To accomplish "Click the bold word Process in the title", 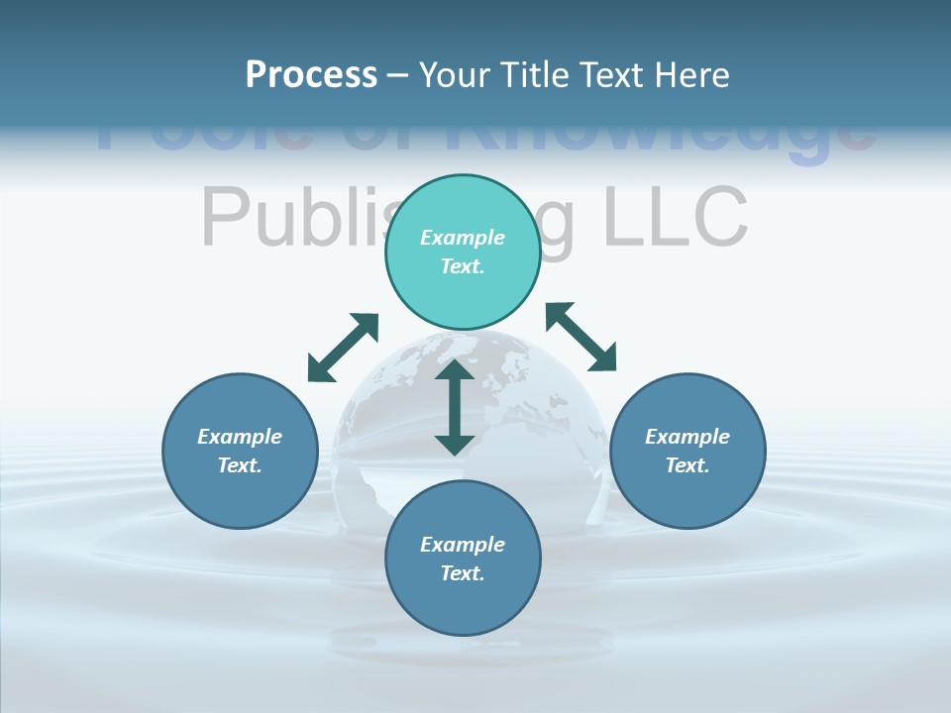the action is pos(311,75).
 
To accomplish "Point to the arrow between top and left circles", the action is pos(343,348).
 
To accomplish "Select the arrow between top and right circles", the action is pos(581,337).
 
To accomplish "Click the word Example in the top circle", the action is pos(463,238).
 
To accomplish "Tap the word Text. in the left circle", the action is pos(240,465).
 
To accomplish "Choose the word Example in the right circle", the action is pos(687,437).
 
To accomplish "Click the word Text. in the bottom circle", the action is pos(463,573).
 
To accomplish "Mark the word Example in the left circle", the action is pos(240,437).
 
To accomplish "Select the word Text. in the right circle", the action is pos(687,465).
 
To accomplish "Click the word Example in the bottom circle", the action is pos(463,545).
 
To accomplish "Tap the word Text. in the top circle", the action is pos(463,266).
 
